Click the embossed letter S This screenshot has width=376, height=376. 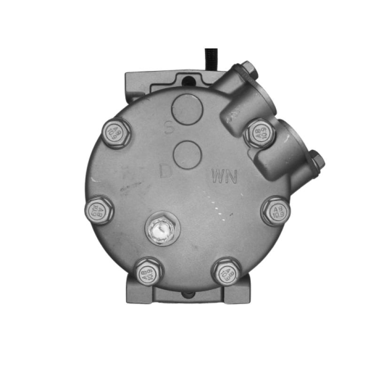168,127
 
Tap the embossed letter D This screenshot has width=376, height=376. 165,171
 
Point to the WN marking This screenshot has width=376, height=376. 225,177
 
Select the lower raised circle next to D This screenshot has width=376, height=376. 188,154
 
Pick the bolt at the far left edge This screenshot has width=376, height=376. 99,210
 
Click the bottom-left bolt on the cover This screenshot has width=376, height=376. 147,271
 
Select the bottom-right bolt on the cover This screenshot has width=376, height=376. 226,272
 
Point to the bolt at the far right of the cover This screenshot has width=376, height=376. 276,210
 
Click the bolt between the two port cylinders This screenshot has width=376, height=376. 259,132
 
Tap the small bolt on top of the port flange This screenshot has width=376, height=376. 248,70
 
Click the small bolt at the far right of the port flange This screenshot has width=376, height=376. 317,162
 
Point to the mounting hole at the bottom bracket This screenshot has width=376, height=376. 188,295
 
